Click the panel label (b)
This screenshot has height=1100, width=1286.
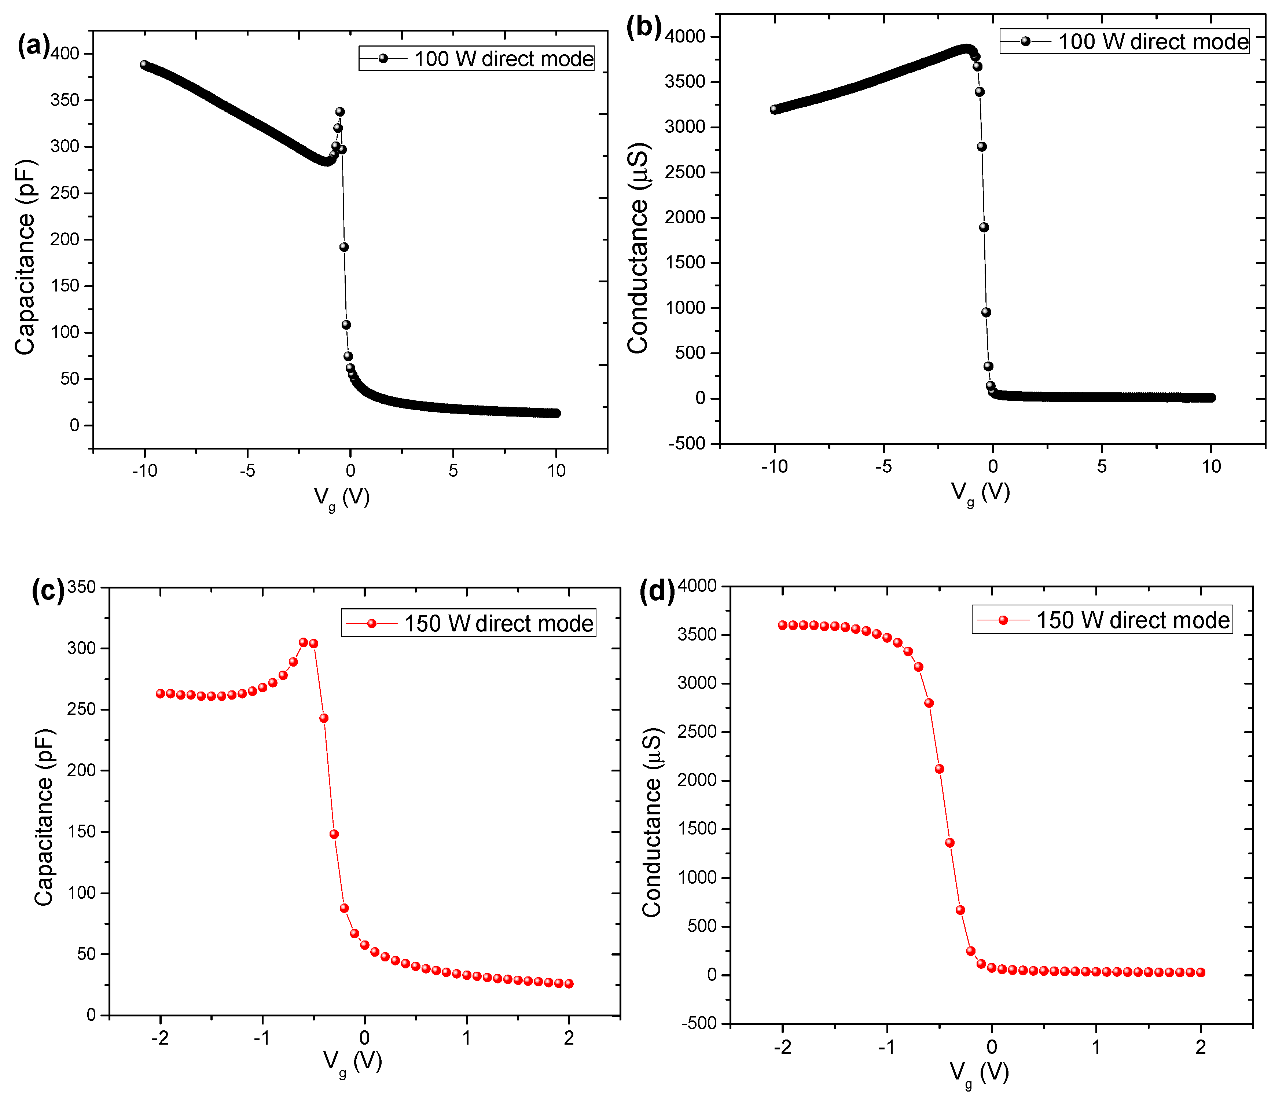pyautogui.click(x=644, y=28)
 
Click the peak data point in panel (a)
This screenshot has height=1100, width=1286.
pyautogui.click(x=340, y=112)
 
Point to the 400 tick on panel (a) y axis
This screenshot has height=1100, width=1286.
pyautogui.click(x=65, y=54)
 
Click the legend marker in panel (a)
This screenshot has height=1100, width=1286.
pyautogui.click(x=383, y=58)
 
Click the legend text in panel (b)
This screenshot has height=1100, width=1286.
pyautogui.click(x=1153, y=41)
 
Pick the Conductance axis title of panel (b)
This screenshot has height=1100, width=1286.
pyautogui.click(x=638, y=248)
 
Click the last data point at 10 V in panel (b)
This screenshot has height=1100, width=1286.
pyautogui.click(x=1210, y=397)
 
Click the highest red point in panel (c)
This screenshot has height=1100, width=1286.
pyautogui.click(x=304, y=642)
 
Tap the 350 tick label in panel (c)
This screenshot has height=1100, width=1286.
pyautogui.click(x=81, y=587)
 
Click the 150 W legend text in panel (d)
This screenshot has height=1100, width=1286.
pyautogui.click(x=1133, y=620)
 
